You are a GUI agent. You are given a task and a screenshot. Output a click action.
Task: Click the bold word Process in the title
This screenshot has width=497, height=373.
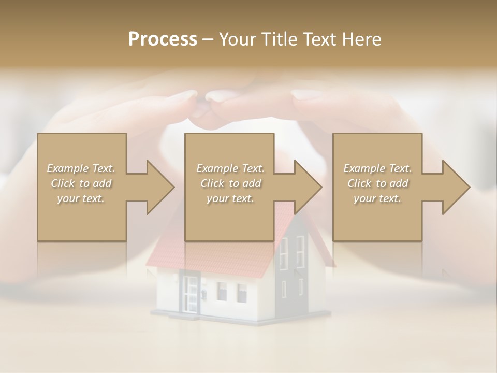pos(163,39)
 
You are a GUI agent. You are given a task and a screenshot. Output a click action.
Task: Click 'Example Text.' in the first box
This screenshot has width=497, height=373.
pos(81,168)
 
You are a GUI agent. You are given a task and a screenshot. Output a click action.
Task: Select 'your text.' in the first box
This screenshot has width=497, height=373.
pos(81,198)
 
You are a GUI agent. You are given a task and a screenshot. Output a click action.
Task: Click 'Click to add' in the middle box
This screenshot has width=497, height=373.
pos(230,183)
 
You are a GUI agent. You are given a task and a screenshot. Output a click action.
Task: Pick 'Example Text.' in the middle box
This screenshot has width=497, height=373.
pos(230,168)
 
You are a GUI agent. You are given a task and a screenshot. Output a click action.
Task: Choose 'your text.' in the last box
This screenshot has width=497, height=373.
pos(377,198)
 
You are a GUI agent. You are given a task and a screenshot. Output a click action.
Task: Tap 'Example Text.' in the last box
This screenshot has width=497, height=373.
pos(377,168)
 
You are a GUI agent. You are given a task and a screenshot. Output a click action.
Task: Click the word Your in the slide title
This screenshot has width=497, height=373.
pos(236,39)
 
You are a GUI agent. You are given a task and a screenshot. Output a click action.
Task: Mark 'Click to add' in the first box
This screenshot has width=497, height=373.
pos(81,183)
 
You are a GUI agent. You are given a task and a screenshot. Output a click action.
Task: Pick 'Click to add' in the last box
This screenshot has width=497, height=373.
pos(377,183)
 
